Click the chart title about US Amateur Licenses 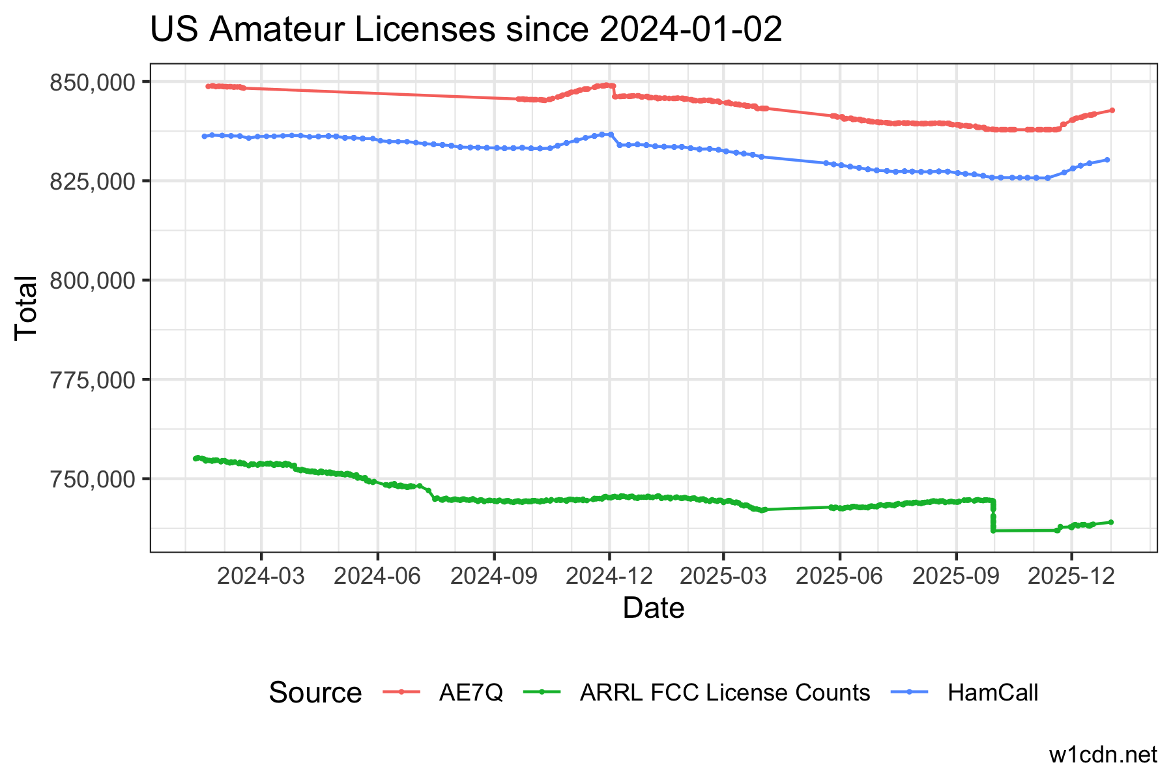click(466, 31)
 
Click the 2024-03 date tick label click(261, 577)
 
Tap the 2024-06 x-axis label click(377, 577)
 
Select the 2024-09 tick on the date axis click(494, 577)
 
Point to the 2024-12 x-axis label click(609, 577)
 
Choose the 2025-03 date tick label click(723, 577)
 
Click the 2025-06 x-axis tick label click(840, 577)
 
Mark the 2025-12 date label click(1071, 577)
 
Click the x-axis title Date click(654, 609)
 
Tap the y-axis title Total click(26, 307)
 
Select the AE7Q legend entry click(471, 692)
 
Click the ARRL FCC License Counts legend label click(725, 692)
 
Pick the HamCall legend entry click(992, 692)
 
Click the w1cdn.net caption click(1103, 755)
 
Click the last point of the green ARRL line click(1111, 522)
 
